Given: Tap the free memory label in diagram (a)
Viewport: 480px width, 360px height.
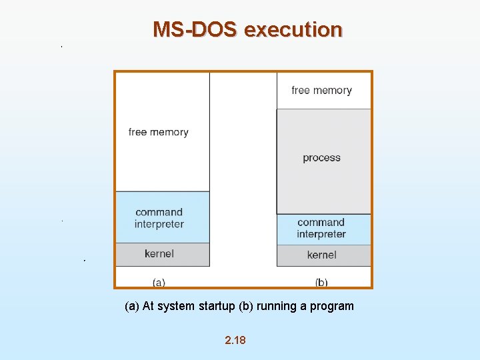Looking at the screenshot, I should [159, 132].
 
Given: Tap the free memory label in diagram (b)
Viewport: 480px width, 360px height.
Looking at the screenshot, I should [321, 90].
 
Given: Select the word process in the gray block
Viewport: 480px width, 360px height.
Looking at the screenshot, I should [321, 158].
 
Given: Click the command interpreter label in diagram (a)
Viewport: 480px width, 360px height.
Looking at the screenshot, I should [159, 218].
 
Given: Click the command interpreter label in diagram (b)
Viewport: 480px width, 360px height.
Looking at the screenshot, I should [321, 228].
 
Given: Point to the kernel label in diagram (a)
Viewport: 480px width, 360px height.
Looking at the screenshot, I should [159, 253].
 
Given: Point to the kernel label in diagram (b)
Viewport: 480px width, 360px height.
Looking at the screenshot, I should [321, 255].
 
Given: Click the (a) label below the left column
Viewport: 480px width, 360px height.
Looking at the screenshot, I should [159, 282].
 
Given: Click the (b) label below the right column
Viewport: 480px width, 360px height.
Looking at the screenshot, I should [321, 282].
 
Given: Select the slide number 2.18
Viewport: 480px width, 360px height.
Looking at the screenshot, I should [235, 340].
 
